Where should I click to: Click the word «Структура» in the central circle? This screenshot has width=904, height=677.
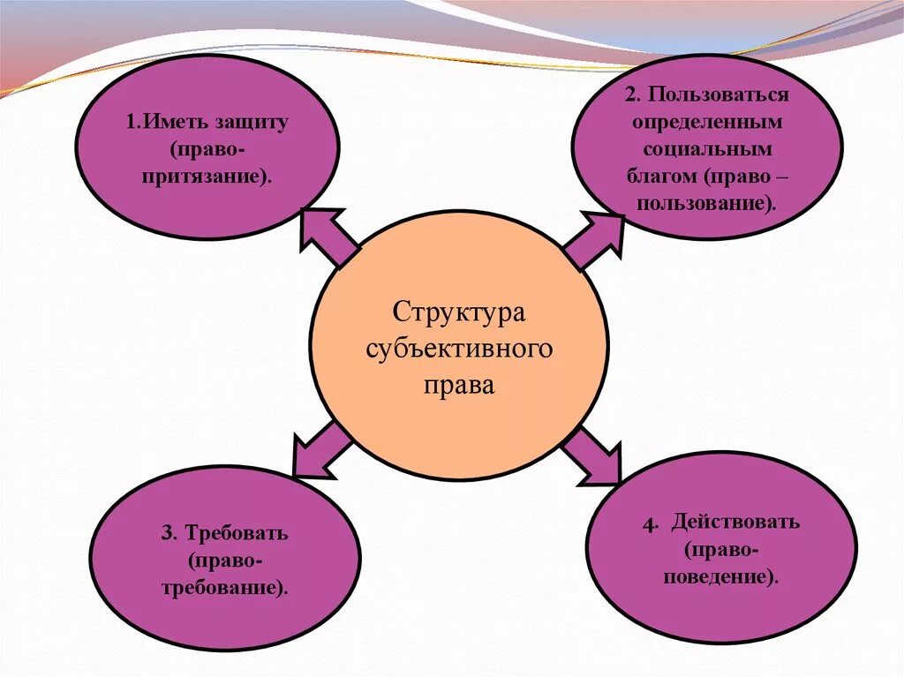(x=459, y=312)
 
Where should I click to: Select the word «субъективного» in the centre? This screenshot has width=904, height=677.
(x=459, y=349)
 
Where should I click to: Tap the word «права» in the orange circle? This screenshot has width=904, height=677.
(x=459, y=386)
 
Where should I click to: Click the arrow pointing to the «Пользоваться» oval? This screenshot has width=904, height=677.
(x=593, y=241)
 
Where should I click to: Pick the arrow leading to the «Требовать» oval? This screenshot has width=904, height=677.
(x=320, y=450)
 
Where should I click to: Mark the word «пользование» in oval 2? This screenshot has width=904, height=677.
(x=707, y=203)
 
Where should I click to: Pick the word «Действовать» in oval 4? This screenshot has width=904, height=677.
(x=734, y=522)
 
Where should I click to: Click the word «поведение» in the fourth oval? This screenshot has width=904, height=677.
(x=721, y=577)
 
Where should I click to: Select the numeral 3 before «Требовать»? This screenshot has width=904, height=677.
(x=166, y=534)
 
